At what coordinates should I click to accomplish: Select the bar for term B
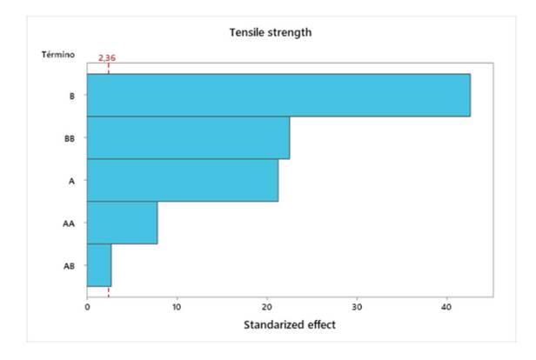coord(278,95)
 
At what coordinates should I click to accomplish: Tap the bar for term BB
coord(188,137)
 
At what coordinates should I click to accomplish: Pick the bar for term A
coord(183,180)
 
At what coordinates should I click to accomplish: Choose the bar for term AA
coord(122,223)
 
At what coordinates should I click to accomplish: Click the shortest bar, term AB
coord(98,265)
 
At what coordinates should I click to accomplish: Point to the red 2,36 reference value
coord(107,57)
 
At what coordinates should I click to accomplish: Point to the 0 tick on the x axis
coord(87,307)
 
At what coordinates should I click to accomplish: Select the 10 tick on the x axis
coord(177,307)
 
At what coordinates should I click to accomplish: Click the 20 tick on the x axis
coord(267,307)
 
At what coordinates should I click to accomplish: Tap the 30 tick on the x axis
coord(357,307)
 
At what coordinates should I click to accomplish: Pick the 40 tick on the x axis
coord(447,307)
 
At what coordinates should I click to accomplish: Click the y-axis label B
coord(71,96)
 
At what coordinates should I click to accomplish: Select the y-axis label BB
coord(70,138)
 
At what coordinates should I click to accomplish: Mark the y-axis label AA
coord(70,223)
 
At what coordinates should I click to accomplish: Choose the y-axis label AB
coord(70,266)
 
